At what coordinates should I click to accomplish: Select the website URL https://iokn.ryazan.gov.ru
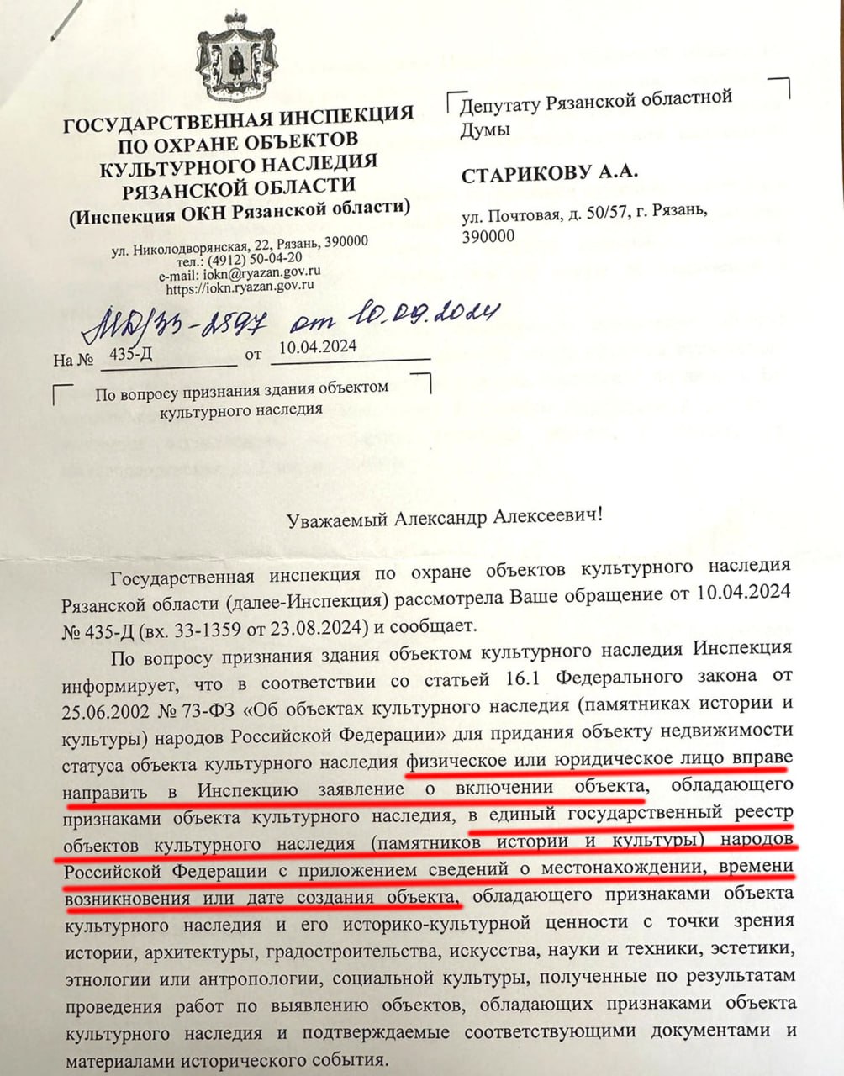tap(240, 287)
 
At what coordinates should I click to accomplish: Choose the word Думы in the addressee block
tap(485, 129)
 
